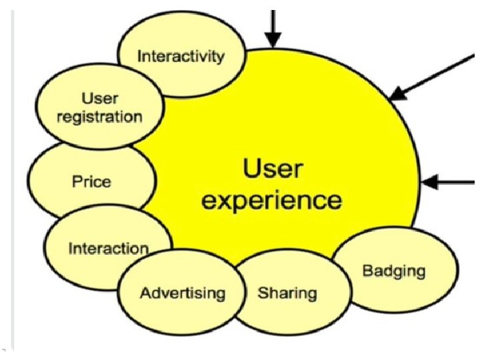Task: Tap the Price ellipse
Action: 92,181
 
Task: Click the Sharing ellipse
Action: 287,293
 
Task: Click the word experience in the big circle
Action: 272,199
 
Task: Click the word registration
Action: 99,117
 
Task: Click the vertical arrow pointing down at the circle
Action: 272,27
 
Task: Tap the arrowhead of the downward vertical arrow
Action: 272,41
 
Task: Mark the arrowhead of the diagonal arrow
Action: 397,95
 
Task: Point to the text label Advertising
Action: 182,293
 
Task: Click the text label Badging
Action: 393,271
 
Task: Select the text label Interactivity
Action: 181,56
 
